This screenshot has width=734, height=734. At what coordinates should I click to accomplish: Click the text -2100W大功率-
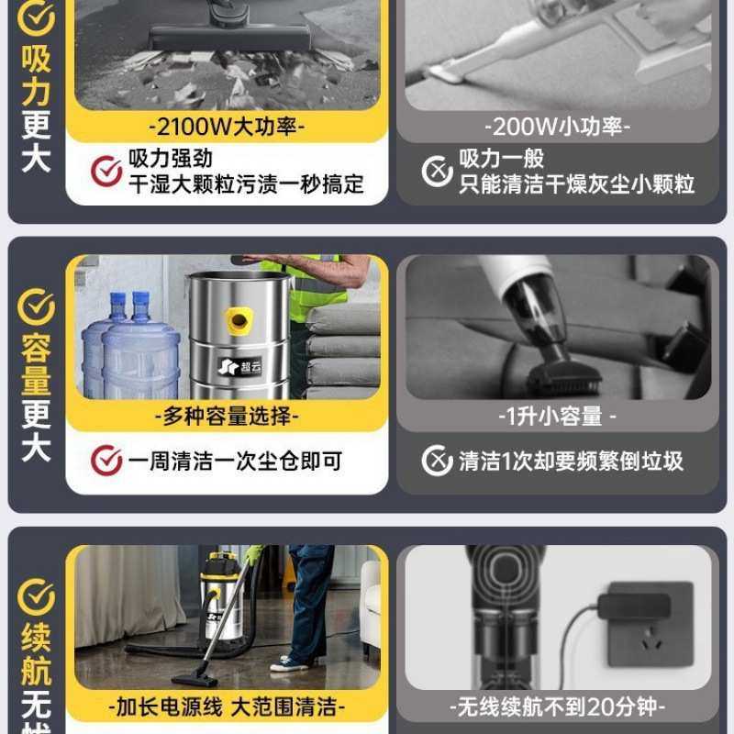pyautogui.click(x=226, y=126)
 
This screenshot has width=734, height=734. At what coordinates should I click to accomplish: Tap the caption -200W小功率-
pyautogui.click(x=558, y=126)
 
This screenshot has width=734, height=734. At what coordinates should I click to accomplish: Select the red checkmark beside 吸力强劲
pyautogui.click(x=106, y=171)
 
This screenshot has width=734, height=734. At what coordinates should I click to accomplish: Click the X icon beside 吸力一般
pyautogui.click(x=437, y=171)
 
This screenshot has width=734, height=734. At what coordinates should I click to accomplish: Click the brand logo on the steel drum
pyautogui.click(x=239, y=368)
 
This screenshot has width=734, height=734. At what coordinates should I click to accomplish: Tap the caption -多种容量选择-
pyautogui.click(x=226, y=416)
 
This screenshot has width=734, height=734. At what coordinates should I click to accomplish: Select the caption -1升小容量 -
pyautogui.click(x=558, y=416)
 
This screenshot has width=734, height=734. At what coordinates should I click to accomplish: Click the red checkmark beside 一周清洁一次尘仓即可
pyautogui.click(x=106, y=461)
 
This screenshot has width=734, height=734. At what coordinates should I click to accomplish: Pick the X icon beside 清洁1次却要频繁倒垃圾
pyautogui.click(x=437, y=461)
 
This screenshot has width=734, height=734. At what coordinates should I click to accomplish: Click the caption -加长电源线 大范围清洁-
pyautogui.click(x=226, y=707)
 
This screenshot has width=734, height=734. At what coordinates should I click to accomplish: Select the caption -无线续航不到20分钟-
pyautogui.click(x=558, y=707)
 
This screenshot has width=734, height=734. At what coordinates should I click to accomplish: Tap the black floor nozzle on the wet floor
pyautogui.click(x=195, y=677)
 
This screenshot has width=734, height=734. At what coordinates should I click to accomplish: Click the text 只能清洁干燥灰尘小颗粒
pyautogui.click(x=577, y=183)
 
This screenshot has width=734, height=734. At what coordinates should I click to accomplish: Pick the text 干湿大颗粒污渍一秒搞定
pyautogui.click(x=246, y=183)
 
